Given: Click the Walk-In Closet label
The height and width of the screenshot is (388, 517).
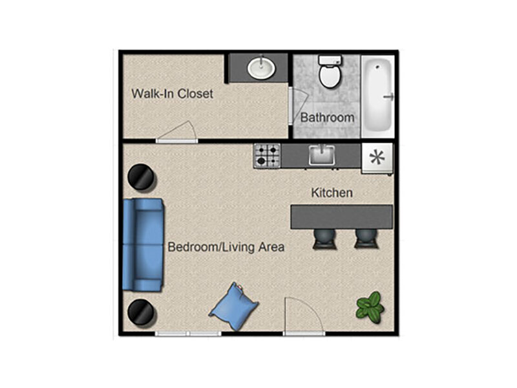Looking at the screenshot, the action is tap(172, 94).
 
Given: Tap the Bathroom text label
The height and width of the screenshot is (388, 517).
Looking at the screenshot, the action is tap(328, 118).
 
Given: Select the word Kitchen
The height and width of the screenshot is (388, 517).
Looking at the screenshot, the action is tap(332, 193).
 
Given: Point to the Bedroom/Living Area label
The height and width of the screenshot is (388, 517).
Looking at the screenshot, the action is tap(226, 247).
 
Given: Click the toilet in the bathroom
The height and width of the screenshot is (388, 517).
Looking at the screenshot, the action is tap(330, 71).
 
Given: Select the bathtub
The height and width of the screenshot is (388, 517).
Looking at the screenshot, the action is tap(378, 96).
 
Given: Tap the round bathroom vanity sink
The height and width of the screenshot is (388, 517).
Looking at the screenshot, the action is tap(261, 68).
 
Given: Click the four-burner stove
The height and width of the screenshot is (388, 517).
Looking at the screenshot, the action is tap(267, 156).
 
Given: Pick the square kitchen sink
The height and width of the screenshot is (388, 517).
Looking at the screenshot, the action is tap(322, 155).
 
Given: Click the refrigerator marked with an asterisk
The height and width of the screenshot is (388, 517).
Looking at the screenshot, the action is tap(377, 158).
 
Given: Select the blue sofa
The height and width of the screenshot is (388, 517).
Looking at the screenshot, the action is tap(143, 245).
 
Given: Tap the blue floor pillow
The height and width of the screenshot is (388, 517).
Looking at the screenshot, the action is tap(234, 307).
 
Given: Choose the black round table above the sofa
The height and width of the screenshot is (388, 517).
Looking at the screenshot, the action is tap(141, 177).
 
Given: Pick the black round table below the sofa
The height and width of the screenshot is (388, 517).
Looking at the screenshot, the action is tap(141, 313).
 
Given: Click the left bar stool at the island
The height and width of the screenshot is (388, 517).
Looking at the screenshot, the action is tap(325, 239).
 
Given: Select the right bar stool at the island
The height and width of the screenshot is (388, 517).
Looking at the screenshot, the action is tap(366, 239).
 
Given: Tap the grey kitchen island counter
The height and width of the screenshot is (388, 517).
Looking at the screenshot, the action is tap(342, 217).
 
